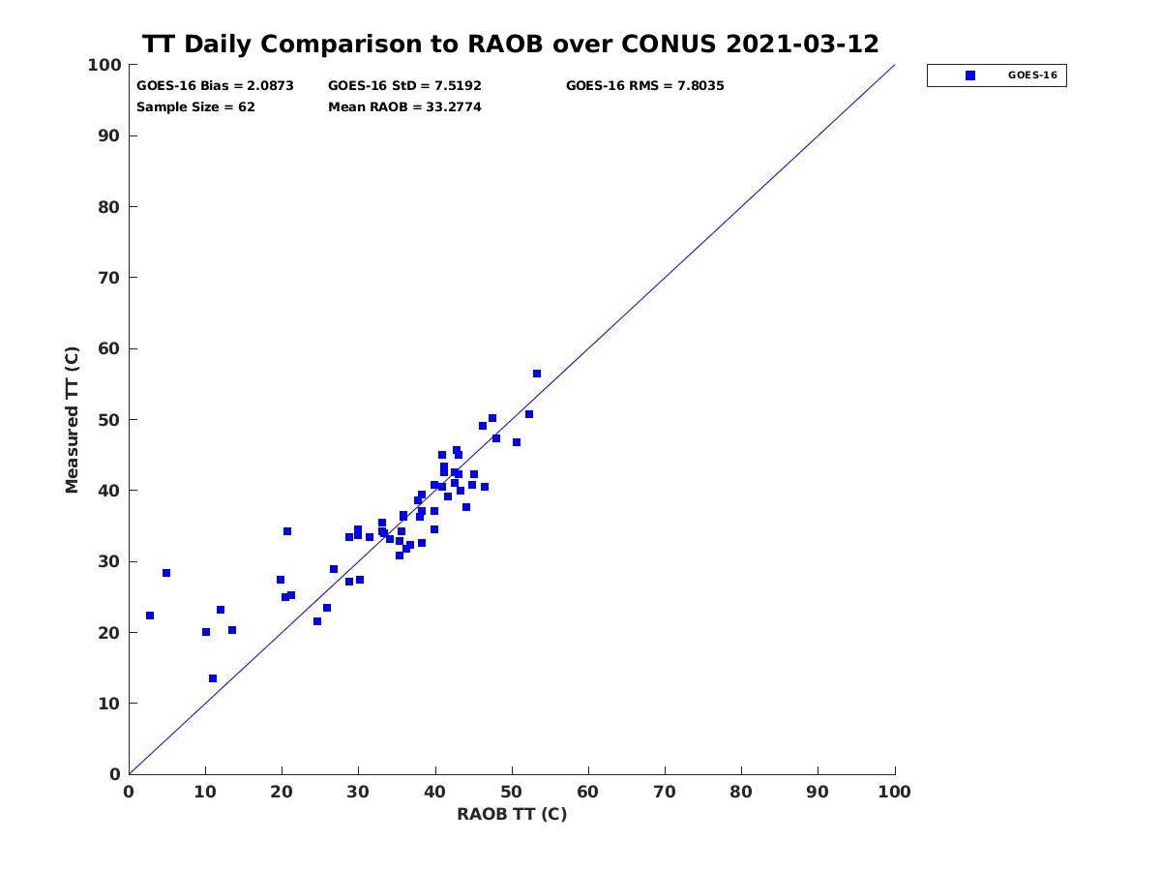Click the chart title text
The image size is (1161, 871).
510,44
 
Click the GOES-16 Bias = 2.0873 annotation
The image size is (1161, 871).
215,86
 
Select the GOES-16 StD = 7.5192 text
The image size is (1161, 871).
404,86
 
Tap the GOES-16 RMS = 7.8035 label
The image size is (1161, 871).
644,86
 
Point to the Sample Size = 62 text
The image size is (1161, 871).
195,106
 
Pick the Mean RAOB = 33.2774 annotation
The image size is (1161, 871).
404,106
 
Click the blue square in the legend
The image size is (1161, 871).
970,75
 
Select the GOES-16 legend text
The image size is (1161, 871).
1032,75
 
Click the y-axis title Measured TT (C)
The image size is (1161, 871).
72,419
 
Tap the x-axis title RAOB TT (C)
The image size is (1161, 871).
512,814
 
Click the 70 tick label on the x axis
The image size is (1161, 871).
665,792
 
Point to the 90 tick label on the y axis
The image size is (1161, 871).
108,135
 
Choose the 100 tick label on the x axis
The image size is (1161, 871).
894,792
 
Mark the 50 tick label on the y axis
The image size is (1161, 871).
108,420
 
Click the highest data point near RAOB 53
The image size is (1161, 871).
537,374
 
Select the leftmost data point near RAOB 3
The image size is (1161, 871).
150,616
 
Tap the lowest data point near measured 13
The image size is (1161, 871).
213,678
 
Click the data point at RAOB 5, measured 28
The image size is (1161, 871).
166,573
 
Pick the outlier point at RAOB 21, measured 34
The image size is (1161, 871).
287,531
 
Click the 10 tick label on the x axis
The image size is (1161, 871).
205,792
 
